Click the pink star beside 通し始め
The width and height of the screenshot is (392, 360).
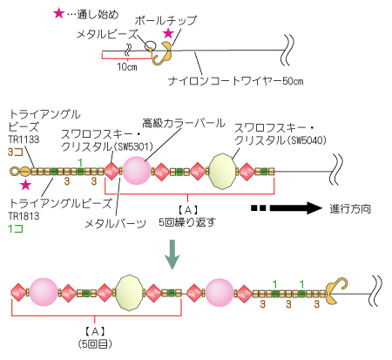pos(58,13)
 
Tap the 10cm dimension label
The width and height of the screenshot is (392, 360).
pos(127,67)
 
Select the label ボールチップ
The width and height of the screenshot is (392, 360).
pos(166,20)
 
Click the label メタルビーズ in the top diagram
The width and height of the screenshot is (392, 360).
pos(107,34)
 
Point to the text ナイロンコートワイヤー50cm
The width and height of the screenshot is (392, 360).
pos(236,81)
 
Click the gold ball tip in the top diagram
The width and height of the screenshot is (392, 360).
pos(162,53)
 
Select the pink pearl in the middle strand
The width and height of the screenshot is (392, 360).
pos(137,171)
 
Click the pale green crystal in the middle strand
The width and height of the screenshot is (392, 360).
pos(222,172)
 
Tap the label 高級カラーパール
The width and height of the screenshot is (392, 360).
pos(184,123)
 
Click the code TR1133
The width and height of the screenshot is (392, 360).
pos(24,139)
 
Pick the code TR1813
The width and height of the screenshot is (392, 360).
pos(24,216)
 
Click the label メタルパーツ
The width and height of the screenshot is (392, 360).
pos(115,223)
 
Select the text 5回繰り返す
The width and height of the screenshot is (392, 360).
pos(187,222)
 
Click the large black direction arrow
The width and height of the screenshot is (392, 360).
pos(296,208)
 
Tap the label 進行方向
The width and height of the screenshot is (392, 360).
pos(350,208)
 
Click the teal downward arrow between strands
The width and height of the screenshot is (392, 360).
pos(172,255)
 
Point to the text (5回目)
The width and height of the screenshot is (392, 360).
pos(95,344)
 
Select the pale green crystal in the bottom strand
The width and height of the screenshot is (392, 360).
pos(129,293)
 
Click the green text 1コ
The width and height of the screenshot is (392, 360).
pos(16,229)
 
